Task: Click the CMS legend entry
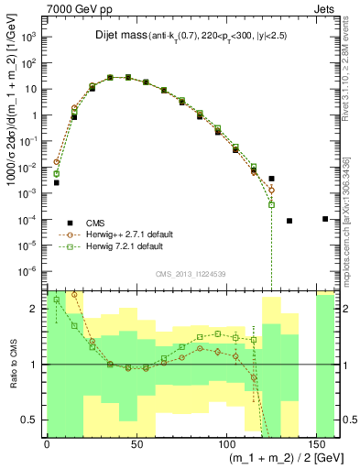coord(102,222)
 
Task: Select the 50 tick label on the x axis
coord(137,442)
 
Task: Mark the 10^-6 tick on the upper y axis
coord(29,272)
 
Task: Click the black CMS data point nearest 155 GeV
coord(325,219)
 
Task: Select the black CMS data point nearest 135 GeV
coord(289,221)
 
